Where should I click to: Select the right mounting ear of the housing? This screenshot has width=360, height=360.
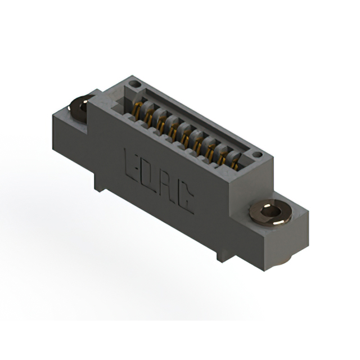click(x=287, y=225)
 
